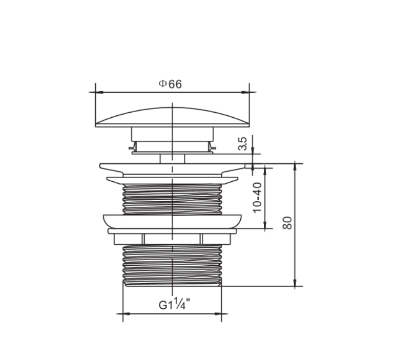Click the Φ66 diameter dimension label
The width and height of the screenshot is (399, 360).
(x=170, y=84)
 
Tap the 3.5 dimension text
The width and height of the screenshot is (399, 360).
(x=243, y=144)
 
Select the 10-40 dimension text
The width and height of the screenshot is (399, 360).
(x=257, y=197)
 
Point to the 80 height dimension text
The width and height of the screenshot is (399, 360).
(x=287, y=223)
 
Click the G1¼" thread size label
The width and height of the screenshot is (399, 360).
(x=175, y=304)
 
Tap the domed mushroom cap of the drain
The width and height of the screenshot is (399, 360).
(x=172, y=117)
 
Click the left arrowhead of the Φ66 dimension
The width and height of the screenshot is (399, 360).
(x=99, y=92)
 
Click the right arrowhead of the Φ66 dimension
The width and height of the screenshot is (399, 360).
(x=245, y=92)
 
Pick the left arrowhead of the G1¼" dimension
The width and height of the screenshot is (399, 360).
(x=127, y=314)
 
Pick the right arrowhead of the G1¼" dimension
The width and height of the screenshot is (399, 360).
(x=218, y=314)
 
